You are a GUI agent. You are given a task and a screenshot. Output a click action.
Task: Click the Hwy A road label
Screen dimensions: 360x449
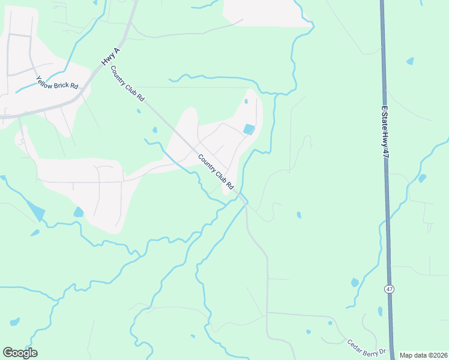click(x=109, y=58)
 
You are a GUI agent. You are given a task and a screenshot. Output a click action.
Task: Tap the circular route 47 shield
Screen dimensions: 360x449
click(x=390, y=289)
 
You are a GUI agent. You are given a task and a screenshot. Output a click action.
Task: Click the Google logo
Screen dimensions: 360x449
click(x=20, y=353)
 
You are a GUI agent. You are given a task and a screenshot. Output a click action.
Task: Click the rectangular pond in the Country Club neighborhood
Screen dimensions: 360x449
click(x=249, y=129)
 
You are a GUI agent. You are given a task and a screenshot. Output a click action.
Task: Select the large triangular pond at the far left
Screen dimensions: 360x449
click(x=35, y=209)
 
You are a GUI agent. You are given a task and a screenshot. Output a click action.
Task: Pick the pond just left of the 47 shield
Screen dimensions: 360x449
click(x=354, y=282)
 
